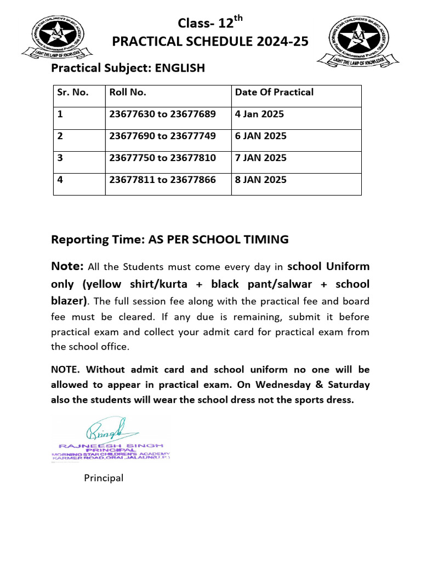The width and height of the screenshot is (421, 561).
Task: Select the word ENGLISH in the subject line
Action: (x=180, y=68)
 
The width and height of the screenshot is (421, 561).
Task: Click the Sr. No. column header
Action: (x=73, y=92)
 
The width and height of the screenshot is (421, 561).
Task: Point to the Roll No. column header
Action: (x=128, y=92)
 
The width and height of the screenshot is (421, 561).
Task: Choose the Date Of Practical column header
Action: (x=274, y=92)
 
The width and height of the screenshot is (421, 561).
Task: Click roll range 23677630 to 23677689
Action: (x=163, y=114)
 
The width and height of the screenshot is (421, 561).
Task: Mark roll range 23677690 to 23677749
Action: (x=163, y=136)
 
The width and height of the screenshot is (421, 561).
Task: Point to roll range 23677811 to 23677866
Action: (x=163, y=180)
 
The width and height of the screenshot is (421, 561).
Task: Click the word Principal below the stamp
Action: (x=104, y=478)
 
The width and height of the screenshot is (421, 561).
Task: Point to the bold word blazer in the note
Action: (x=67, y=301)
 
